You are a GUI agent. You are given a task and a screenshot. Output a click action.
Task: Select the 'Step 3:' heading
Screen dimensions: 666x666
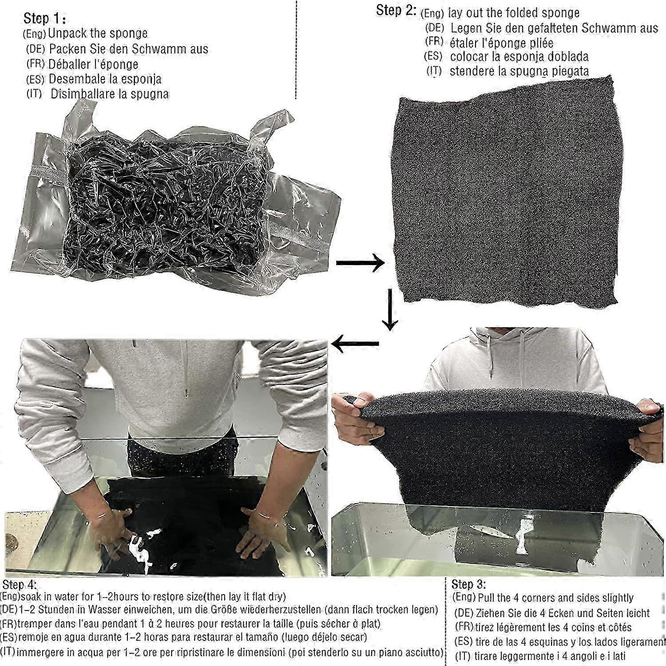coord(468,583)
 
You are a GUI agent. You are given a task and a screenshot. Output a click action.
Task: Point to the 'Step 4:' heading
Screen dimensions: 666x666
coord(20,584)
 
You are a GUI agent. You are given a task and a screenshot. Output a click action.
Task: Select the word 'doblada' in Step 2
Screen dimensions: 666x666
coord(564,57)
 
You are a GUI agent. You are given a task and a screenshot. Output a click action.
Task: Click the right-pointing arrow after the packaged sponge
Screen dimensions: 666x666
coord(360,263)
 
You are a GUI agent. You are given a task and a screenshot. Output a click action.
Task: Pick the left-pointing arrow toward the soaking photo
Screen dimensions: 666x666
coord(355,344)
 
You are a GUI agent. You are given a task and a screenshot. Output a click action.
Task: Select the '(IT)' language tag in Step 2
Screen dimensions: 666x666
coord(434,71)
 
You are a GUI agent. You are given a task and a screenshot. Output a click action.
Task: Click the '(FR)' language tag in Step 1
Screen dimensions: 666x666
coord(35,63)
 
